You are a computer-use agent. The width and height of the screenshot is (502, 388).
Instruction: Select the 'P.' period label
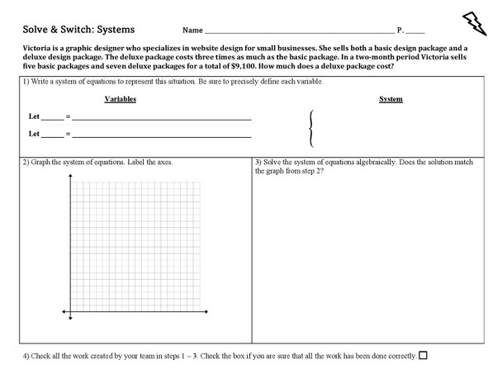point(400,30)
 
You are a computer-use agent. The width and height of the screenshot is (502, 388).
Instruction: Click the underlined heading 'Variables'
point(121,99)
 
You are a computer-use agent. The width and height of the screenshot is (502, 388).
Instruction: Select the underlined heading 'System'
point(391,99)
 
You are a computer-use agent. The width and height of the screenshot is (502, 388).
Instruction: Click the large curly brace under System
point(310,128)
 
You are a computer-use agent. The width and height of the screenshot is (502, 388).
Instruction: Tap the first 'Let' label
point(34,117)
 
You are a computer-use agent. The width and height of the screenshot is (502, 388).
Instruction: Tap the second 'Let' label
point(34,133)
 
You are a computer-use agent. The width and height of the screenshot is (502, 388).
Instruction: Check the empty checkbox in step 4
point(424,356)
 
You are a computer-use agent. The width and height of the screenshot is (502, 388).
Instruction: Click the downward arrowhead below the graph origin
point(70,319)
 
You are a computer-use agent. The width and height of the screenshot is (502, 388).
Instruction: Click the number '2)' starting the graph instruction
point(26,162)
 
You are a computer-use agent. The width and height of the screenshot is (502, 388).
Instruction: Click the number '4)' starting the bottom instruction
point(26,356)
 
